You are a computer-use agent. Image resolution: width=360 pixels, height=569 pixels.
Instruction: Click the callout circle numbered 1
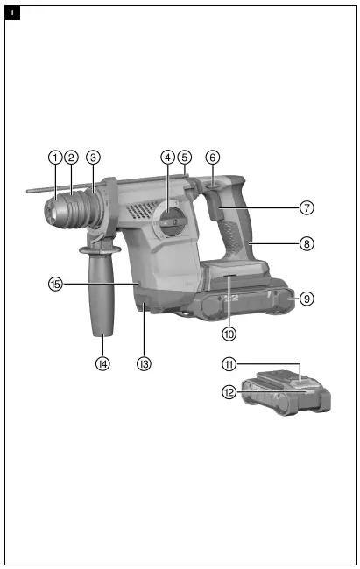55,158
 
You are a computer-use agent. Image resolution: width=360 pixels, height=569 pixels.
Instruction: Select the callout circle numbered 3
93,158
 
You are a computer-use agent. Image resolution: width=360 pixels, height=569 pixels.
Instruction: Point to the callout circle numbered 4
167,158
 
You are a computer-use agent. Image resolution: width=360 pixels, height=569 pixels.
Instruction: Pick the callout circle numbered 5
184,158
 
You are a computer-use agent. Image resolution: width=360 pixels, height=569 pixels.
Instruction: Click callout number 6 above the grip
212,158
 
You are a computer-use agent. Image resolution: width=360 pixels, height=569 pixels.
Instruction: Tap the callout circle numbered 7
306,208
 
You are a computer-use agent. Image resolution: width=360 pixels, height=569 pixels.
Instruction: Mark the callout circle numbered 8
306,244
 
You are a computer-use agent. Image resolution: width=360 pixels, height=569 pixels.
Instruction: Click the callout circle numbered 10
229,334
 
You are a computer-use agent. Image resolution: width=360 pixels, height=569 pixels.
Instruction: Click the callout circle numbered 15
55,284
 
